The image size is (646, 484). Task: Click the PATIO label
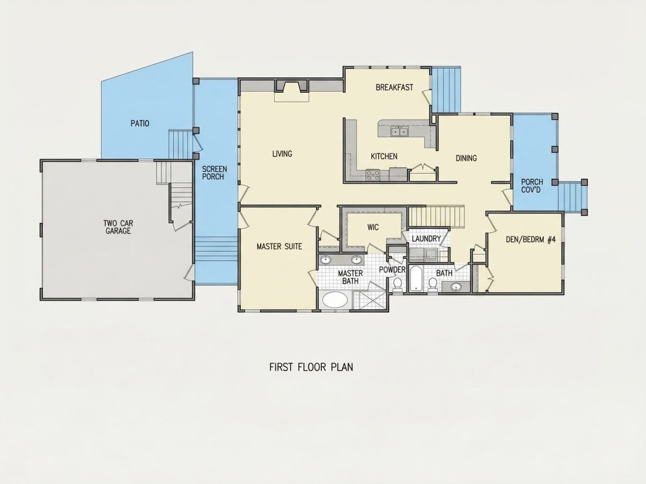coord(140,123)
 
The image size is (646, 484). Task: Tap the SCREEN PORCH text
coord(214,173)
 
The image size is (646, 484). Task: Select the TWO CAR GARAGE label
coord(118,227)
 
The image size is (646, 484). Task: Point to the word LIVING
coord(282,154)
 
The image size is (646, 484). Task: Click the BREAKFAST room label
coord(394,87)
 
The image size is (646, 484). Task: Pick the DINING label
coord(466,158)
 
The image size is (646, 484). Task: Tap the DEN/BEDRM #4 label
coord(531,239)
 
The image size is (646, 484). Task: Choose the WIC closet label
coord(373,227)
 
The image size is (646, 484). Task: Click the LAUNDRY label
coord(426,239)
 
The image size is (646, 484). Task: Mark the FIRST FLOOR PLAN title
coord(311,367)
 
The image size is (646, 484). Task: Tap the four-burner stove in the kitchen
coord(372,175)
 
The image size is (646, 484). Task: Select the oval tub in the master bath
coord(335,300)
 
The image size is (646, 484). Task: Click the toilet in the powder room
coord(398,284)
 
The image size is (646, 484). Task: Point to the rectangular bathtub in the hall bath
coord(415,279)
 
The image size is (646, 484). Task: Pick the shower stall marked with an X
coord(370,300)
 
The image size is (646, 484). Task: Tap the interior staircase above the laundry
coord(436,217)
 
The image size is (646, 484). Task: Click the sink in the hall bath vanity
coord(456,287)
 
